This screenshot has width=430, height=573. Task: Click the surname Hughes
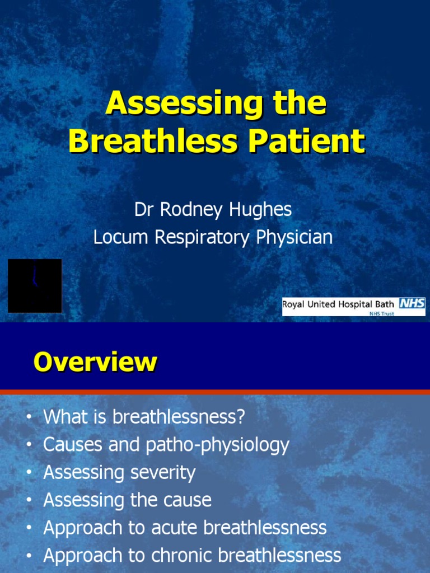tap(261, 209)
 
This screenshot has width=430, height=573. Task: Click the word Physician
tap(295, 237)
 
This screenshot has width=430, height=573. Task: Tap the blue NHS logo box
tap(412, 304)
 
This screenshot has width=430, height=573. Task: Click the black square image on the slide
tap(35, 285)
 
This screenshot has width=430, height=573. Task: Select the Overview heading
tap(95, 362)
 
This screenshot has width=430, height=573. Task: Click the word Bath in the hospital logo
tap(385, 304)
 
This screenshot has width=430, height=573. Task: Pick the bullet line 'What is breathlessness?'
tap(144, 417)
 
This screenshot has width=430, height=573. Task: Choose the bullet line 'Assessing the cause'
tap(128, 500)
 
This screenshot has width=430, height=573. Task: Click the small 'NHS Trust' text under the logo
tap(382, 313)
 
